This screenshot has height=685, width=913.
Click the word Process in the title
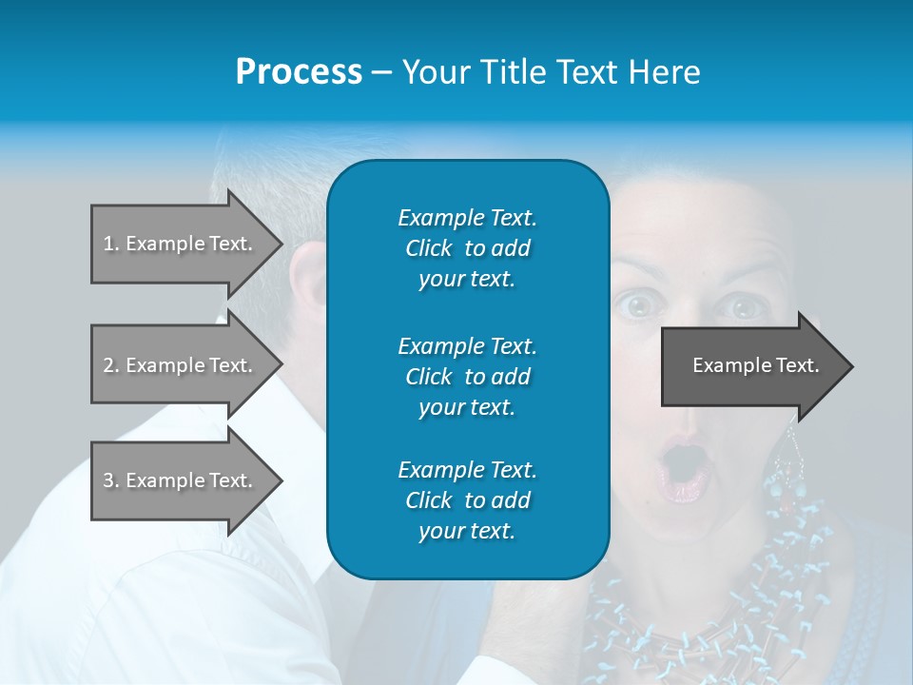[299, 72]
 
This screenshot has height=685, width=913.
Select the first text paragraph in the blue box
[467, 248]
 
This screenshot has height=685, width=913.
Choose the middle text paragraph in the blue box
[467, 376]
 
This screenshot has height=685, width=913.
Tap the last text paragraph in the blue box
[467, 500]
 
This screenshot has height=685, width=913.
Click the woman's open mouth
[682, 466]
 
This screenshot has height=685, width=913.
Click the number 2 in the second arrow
[107, 365]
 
